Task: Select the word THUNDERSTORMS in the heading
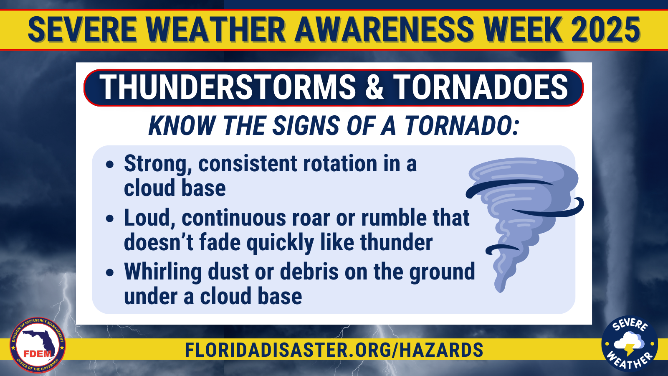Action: (x=227, y=87)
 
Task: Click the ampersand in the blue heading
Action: (x=374, y=87)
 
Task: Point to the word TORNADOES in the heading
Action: (x=481, y=87)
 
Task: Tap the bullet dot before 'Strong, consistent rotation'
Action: (x=110, y=165)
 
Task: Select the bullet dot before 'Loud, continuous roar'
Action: (x=110, y=218)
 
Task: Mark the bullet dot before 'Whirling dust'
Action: (x=110, y=272)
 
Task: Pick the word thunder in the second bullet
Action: (x=396, y=242)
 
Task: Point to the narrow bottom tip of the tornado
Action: (x=501, y=290)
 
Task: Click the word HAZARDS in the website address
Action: (x=441, y=350)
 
